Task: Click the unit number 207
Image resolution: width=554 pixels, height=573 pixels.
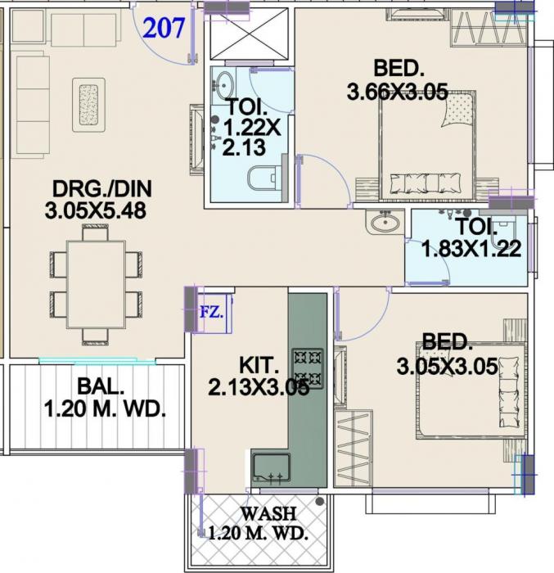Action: tap(166, 29)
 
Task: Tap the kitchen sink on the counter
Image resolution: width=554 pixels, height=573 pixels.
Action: tap(270, 467)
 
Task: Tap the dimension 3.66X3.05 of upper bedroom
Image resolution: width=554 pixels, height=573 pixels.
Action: tap(397, 92)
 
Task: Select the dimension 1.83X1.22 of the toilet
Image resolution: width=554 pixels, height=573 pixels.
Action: tap(471, 250)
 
